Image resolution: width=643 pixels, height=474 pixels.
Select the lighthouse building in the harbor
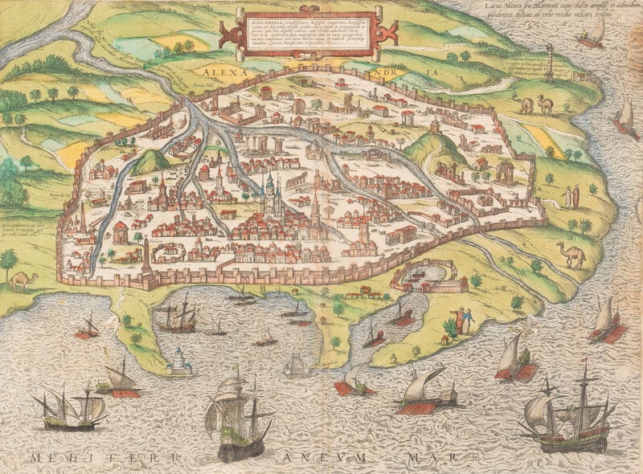[178, 363]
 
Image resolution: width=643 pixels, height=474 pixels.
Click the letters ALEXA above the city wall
[219, 71]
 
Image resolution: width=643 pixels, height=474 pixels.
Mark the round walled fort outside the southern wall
[426, 277]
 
